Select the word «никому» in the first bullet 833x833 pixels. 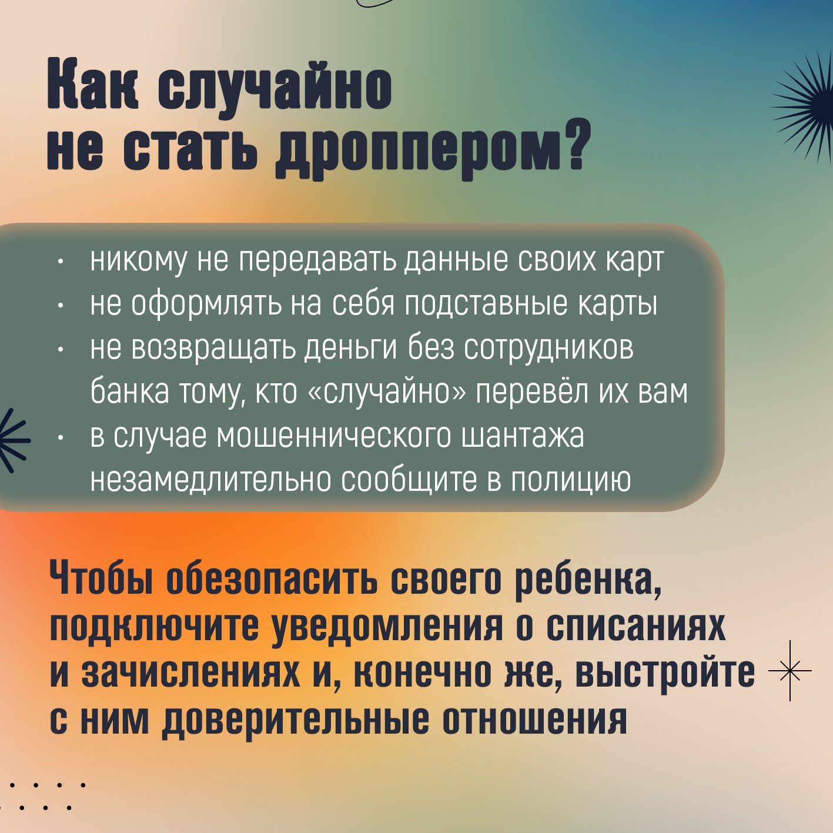(x=139, y=260)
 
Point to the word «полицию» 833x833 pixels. (x=570, y=480)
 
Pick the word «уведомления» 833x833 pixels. (x=388, y=626)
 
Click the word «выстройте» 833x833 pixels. (x=664, y=673)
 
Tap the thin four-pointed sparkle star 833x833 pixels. (x=790, y=671)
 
